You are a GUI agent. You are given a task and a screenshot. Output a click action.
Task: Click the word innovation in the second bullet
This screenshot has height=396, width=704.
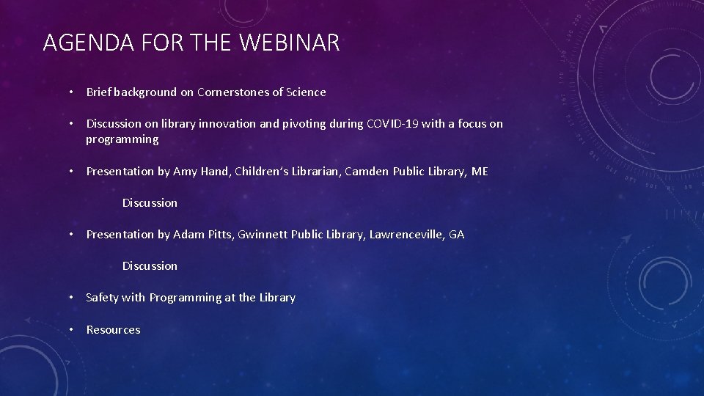coord(221,124)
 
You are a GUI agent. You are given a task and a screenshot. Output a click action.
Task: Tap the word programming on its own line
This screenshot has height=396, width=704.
coord(122,139)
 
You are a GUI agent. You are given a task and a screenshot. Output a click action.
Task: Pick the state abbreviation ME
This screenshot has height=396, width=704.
coord(479,172)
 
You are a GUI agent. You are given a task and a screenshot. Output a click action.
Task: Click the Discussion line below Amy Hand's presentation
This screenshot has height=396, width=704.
coord(150,203)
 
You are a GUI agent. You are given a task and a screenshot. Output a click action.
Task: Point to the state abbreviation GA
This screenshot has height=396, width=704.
coord(456,235)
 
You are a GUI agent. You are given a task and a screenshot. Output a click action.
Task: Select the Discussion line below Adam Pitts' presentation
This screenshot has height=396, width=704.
coord(150,266)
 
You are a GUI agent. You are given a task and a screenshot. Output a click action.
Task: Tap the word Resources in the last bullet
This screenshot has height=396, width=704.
coord(113,330)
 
